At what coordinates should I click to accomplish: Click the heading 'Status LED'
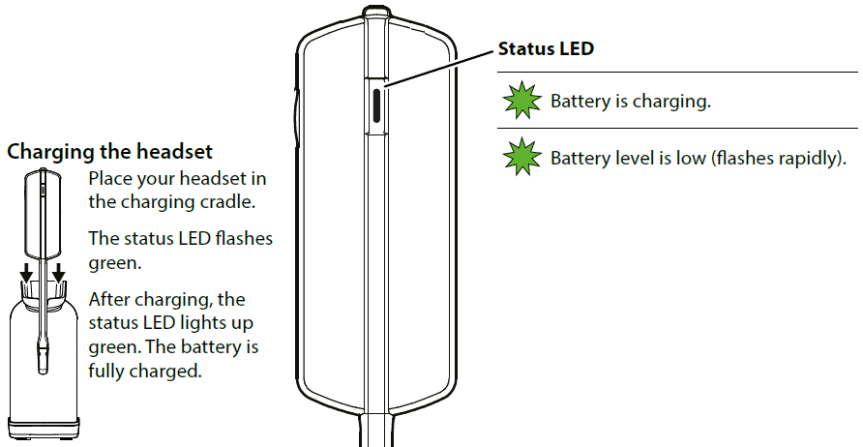(545, 49)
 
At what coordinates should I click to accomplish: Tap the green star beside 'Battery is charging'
(522, 101)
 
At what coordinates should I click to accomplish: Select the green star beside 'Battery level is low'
(522, 156)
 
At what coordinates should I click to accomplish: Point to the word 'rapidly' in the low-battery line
(800, 157)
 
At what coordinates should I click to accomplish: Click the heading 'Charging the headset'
(109, 152)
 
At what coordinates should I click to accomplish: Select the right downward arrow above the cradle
(59, 274)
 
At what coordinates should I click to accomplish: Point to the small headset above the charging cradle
(44, 213)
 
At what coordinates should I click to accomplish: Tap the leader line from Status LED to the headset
(440, 67)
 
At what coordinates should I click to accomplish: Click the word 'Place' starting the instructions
(109, 180)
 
